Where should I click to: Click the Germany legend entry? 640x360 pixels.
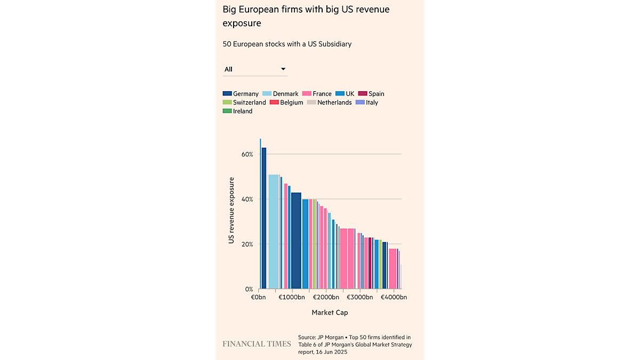click(x=241, y=94)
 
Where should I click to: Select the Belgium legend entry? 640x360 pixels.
click(x=286, y=102)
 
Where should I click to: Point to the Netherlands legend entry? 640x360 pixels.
click(x=329, y=102)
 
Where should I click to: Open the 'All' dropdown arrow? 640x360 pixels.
click(x=283, y=69)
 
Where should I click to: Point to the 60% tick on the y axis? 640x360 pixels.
click(x=247, y=154)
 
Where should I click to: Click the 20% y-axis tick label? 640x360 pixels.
click(x=247, y=244)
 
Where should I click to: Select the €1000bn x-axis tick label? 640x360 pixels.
click(x=292, y=297)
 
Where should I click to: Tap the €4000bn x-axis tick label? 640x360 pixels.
click(x=393, y=297)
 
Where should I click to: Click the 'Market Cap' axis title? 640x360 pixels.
click(x=330, y=313)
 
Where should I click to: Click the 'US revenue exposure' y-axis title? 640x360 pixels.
click(x=231, y=211)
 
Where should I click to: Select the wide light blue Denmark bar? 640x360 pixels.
click(x=274, y=232)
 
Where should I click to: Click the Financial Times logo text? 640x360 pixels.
click(x=257, y=344)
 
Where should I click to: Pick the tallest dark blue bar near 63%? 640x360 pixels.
click(x=264, y=219)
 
